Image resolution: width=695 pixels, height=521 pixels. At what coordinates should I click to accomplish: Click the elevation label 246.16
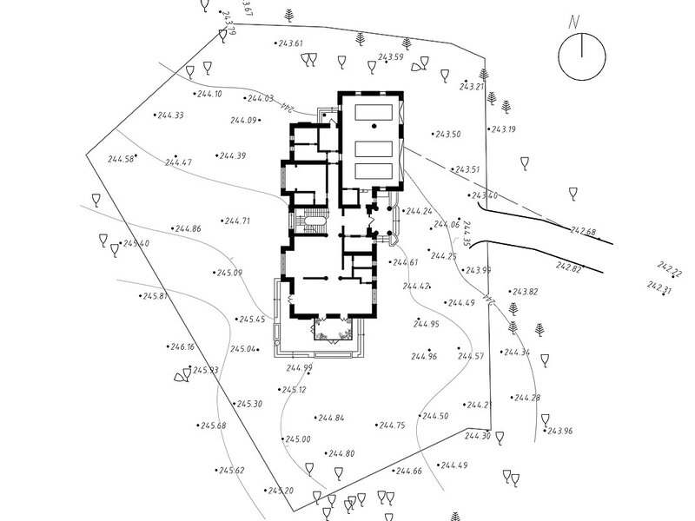click(x=182, y=347)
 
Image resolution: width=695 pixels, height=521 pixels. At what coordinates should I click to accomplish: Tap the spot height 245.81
click(x=154, y=297)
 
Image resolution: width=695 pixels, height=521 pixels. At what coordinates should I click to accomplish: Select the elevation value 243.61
click(x=290, y=43)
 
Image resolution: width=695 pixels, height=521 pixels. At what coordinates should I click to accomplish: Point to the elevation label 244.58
click(x=121, y=159)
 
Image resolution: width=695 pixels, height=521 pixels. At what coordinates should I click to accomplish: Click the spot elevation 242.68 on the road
click(x=583, y=232)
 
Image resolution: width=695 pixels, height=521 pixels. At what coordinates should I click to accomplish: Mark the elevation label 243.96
click(x=561, y=432)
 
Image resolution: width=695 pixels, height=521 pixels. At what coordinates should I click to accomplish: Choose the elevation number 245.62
click(x=232, y=471)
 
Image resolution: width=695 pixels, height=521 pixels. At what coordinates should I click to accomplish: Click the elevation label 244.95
click(x=427, y=324)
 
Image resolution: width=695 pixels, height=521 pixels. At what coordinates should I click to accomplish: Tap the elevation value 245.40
click(x=136, y=244)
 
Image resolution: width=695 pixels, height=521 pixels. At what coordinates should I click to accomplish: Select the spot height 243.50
click(x=448, y=135)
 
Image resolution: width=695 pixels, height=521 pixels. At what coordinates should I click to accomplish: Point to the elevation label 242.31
click(x=660, y=286)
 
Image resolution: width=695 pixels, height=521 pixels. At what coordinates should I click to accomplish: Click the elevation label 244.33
click(x=169, y=115)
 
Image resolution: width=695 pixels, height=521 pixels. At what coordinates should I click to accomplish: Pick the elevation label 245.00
click(x=298, y=439)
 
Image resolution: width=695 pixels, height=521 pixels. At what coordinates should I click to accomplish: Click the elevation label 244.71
click(x=237, y=221)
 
